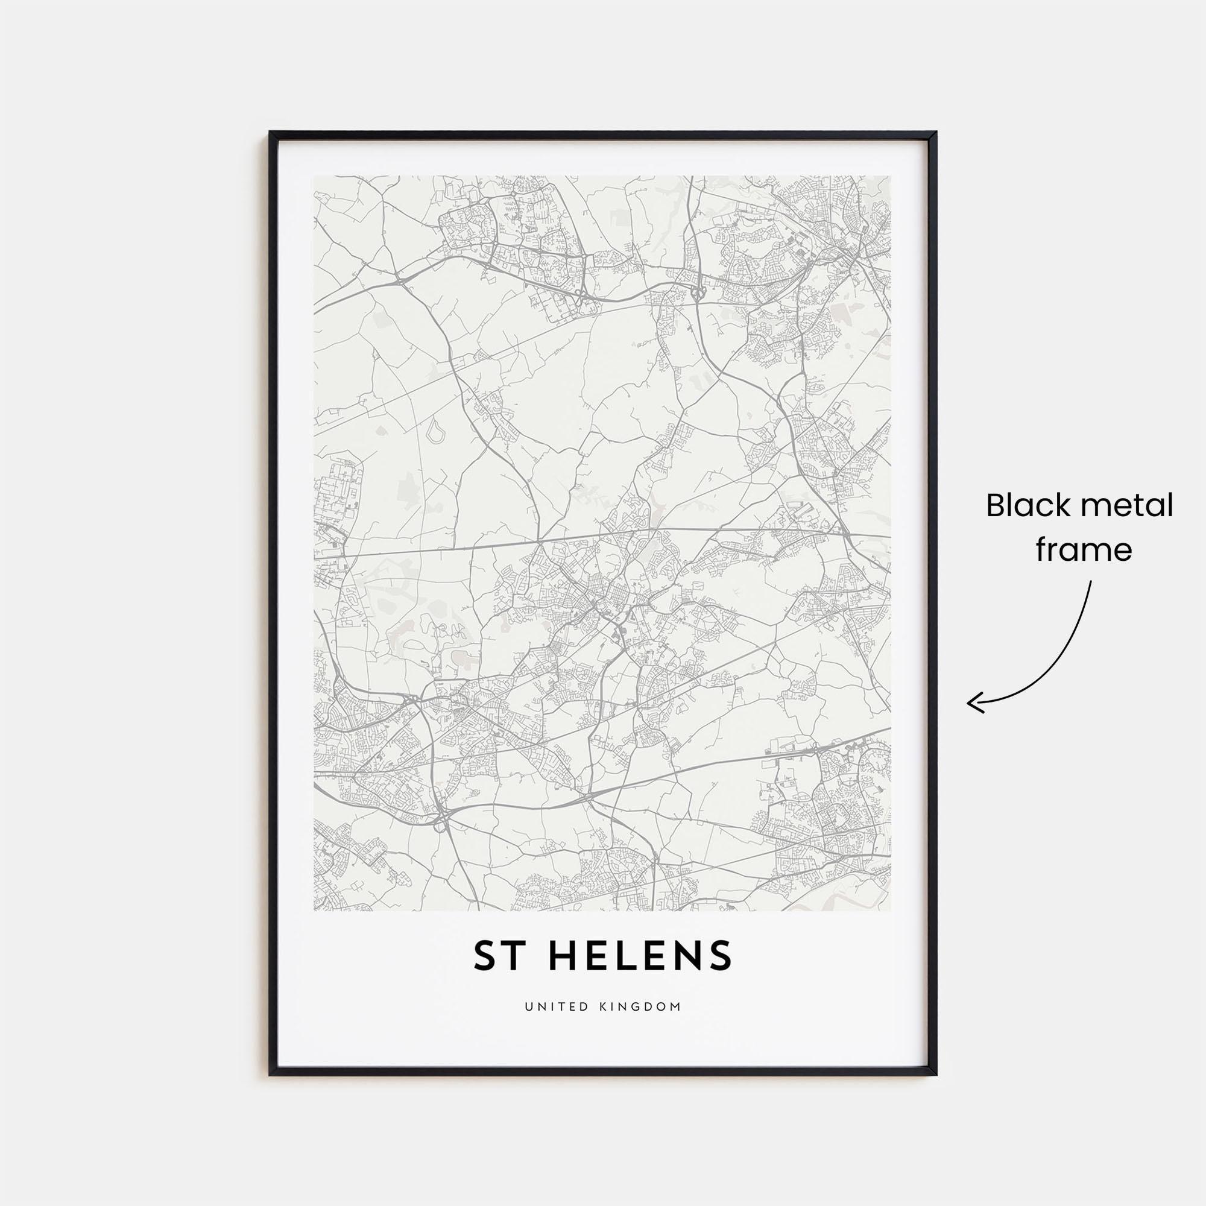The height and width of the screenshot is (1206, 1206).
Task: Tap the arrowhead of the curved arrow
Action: pos(970,704)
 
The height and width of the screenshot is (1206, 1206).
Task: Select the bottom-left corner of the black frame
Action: pos(271,1074)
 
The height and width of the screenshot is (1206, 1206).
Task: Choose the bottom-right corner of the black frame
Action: pos(935,1074)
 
